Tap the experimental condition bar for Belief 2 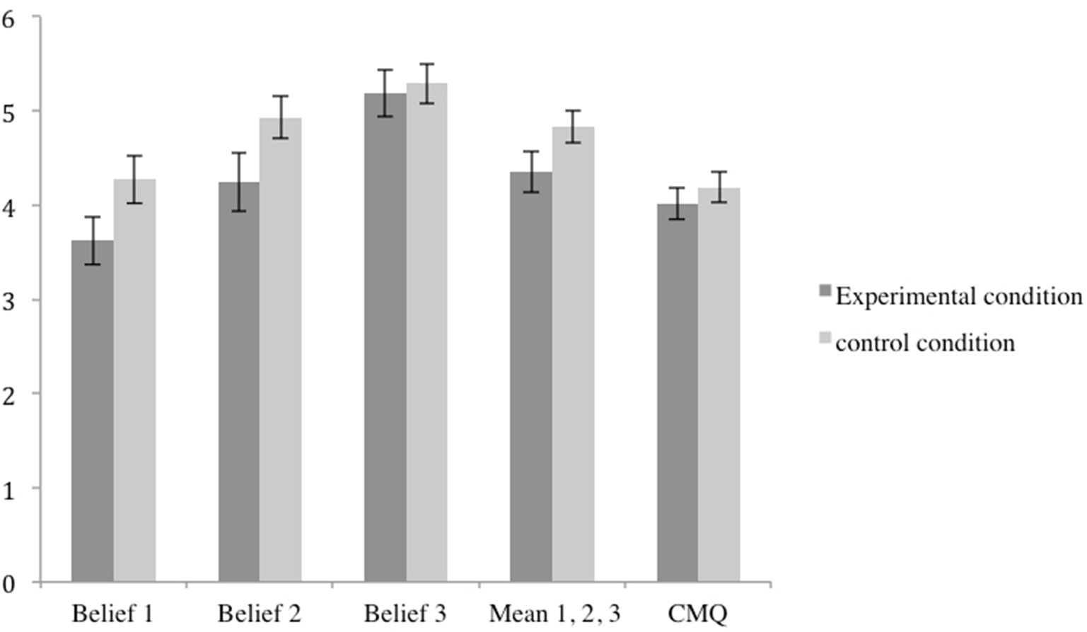[239, 382]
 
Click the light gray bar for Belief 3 [426, 332]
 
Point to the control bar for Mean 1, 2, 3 [573, 354]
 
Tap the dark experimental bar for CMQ [678, 393]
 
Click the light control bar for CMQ [719, 385]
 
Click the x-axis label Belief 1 [112, 614]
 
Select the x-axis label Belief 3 [405, 614]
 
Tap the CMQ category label [697, 614]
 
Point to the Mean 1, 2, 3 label [554, 614]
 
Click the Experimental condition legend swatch [825, 291]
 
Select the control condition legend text [925, 343]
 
